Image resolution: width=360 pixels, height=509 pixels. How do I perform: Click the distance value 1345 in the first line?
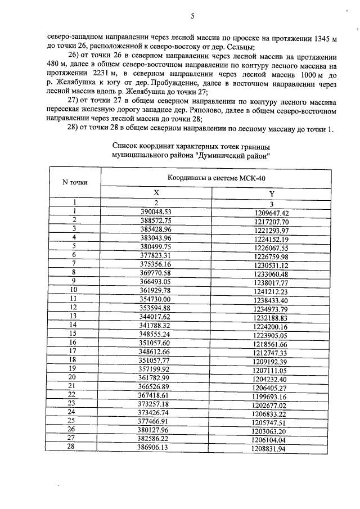(x=321, y=38)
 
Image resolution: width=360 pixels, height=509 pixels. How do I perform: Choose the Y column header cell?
(x=272, y=193)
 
